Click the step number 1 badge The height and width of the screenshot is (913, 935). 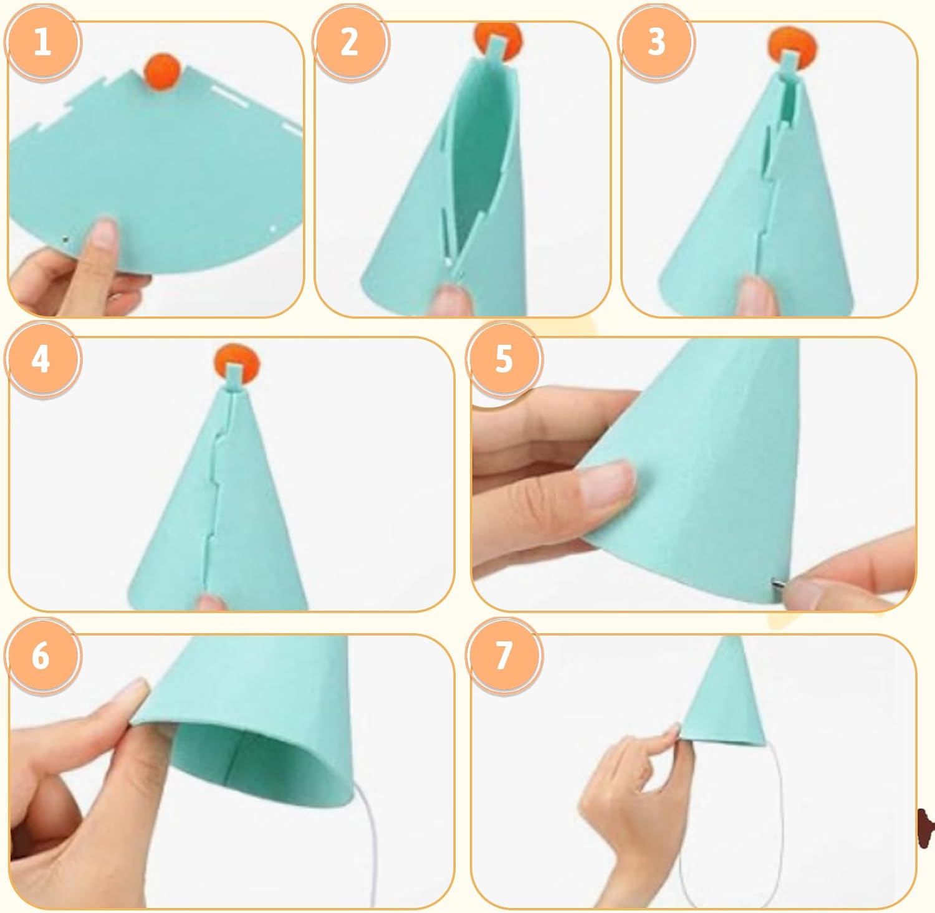click(x=42, y=43)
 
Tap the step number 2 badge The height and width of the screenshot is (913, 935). click(x=350, y=43)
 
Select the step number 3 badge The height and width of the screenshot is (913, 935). click(x=656, y=43)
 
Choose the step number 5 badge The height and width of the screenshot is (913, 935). click(x=504, y=359)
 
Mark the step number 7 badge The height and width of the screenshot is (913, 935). click(x=504, y=656)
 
